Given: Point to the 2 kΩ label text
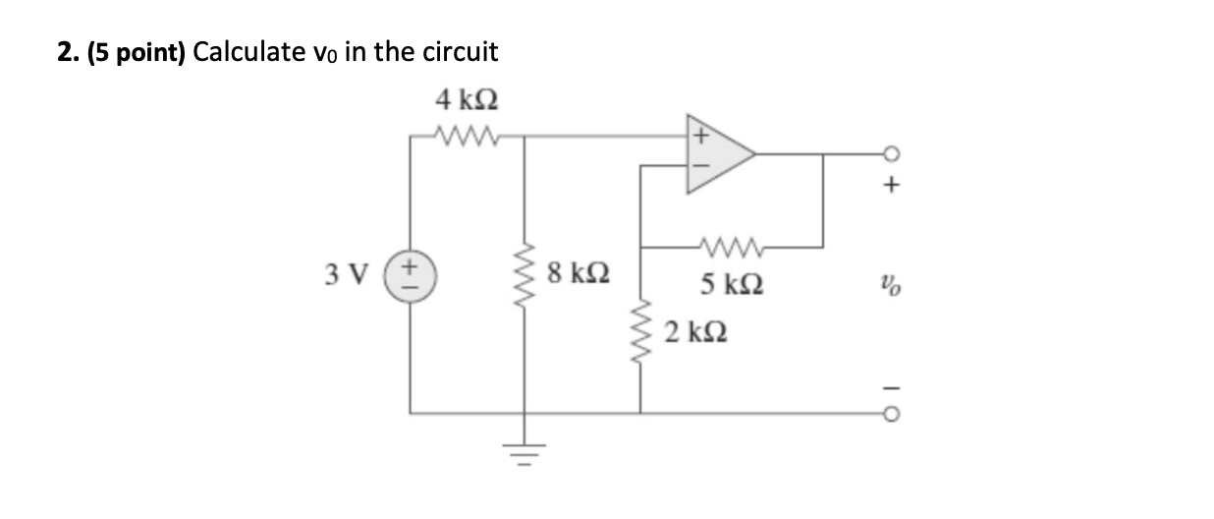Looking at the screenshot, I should (x=695, y=332).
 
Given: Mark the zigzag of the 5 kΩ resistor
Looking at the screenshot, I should (x=730, y=246).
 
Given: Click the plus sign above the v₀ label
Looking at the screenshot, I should (x=890, y=184).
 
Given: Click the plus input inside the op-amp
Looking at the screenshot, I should (x=701, y=137).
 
